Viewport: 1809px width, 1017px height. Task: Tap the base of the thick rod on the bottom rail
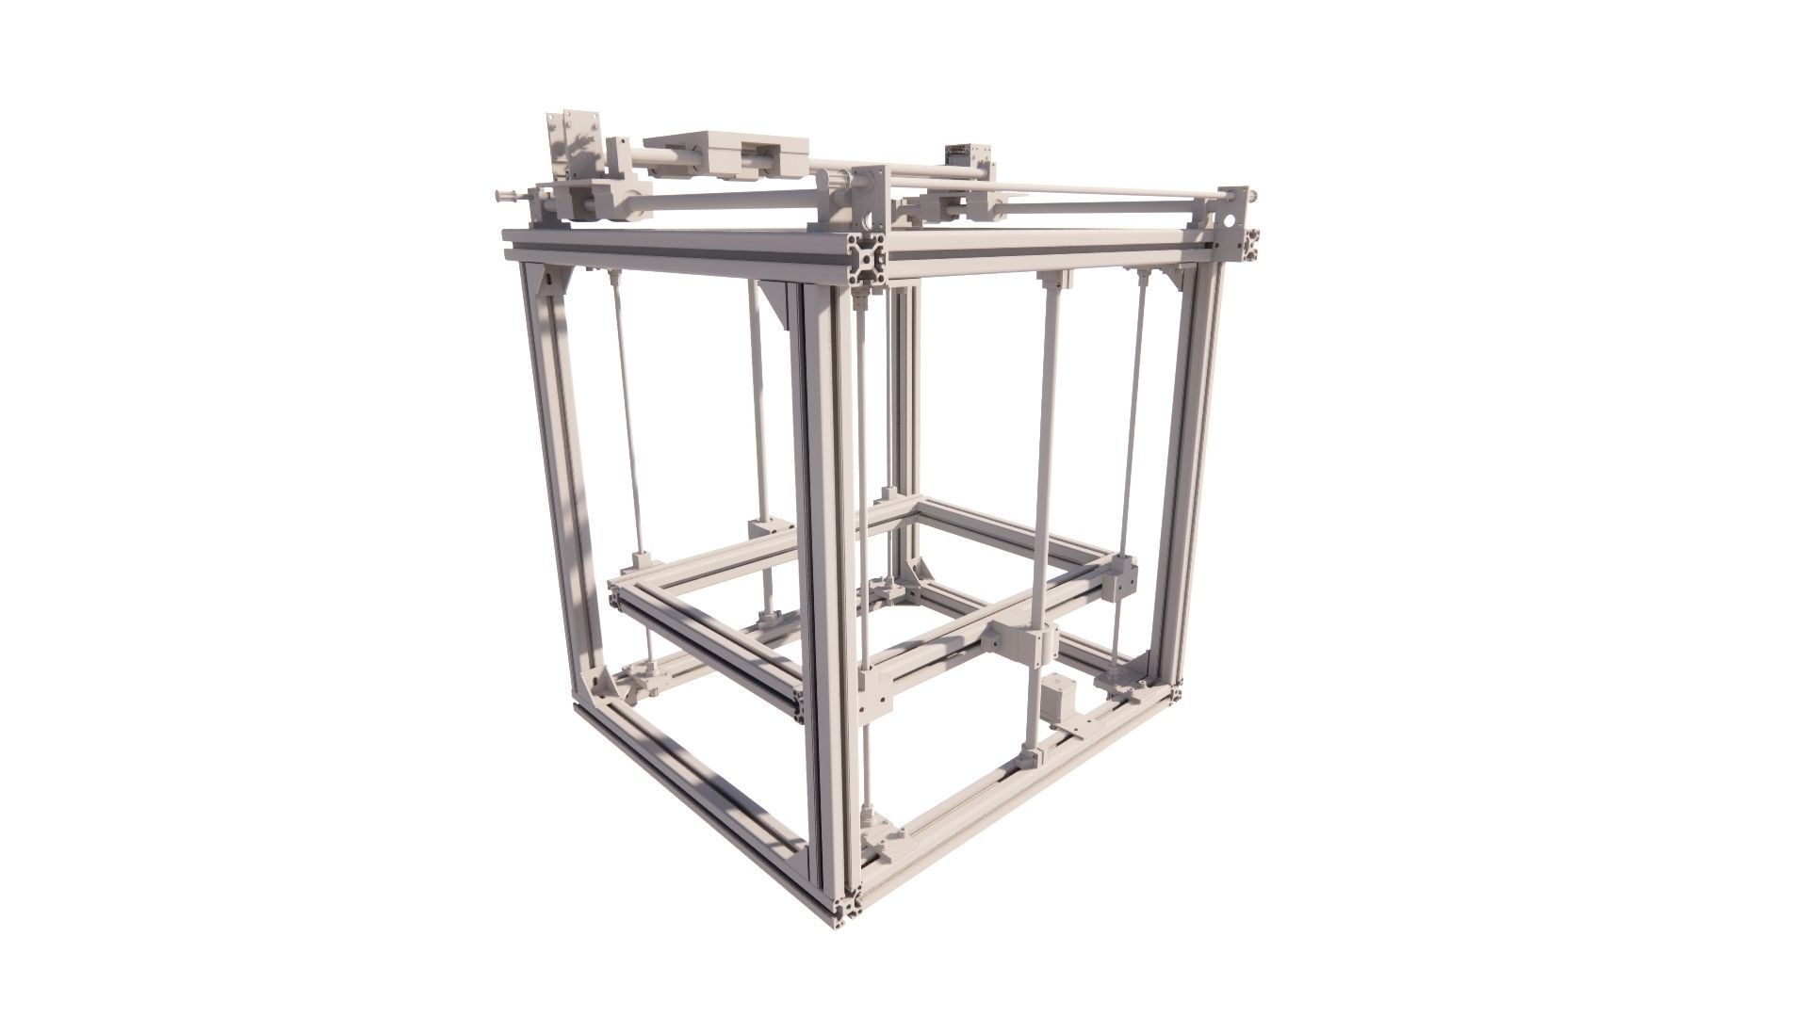tap(1029, 756)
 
